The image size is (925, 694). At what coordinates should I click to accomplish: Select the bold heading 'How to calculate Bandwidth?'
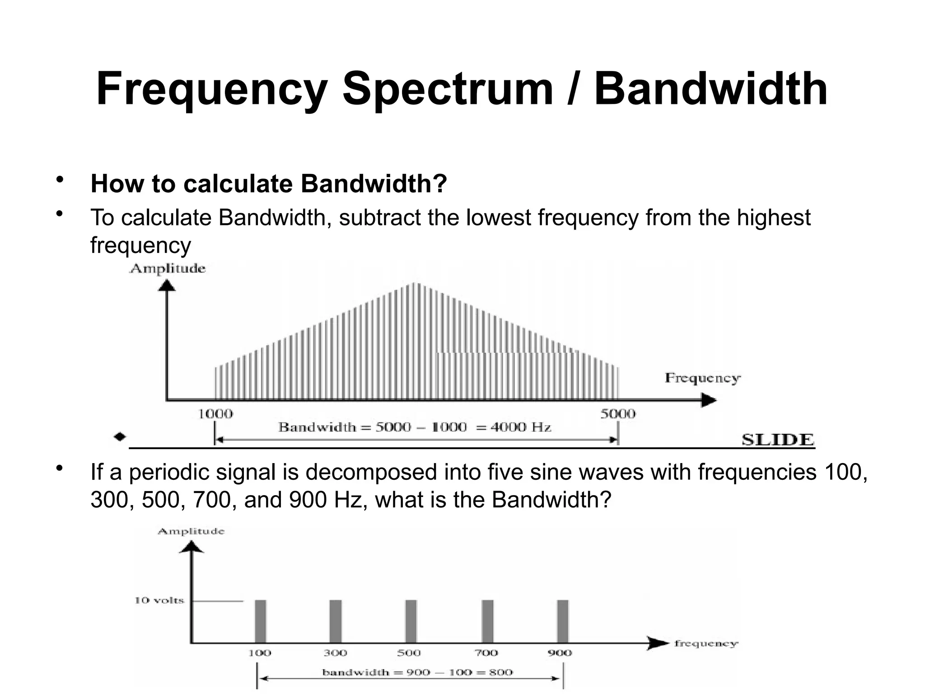[x=268, y=183]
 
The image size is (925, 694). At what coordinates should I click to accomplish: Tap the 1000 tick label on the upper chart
[x=215, y=414]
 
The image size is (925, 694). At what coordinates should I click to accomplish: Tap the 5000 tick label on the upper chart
[x=617, y=414]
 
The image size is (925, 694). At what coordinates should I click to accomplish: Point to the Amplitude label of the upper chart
[x=168, y=269]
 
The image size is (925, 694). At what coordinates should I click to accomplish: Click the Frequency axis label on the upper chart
[x=702, y=378]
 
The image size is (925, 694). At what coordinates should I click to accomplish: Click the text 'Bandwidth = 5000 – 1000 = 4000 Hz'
[x=415, y=427]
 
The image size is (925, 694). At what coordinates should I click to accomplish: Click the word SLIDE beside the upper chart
[x=778, y=440]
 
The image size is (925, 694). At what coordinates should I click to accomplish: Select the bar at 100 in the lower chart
[x=261, y=621]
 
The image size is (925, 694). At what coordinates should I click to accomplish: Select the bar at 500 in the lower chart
[x=411, y=621]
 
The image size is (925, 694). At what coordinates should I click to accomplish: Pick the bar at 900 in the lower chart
[x=562, y=621]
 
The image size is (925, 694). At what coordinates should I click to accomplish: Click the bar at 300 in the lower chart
[x=336, y=621]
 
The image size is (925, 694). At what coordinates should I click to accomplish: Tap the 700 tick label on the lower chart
[x=486, y=653]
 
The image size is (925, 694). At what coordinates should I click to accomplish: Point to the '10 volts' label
[x=159, y=600]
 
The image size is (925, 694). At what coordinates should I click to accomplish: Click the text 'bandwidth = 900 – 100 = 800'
[x=417, y=672]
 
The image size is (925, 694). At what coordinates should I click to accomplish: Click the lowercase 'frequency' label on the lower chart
[x=706, y=643]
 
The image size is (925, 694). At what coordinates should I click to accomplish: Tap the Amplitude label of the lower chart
[x=191, y=531]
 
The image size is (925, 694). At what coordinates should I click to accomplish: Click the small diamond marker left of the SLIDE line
[x=120, y=437]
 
